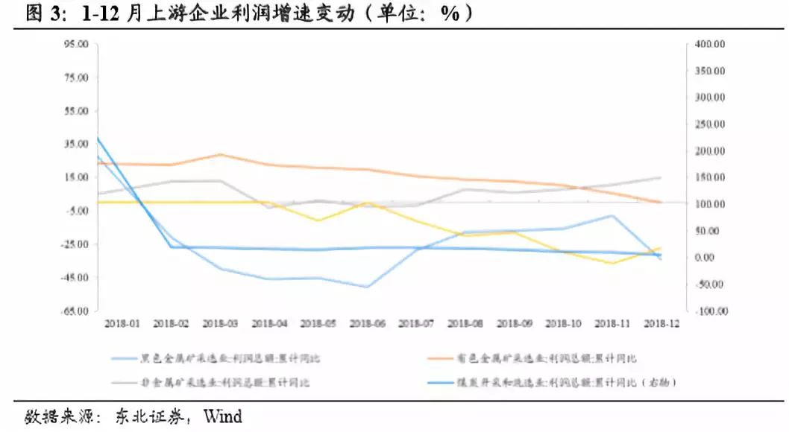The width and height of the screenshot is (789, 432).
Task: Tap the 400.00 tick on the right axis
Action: tap(709, 45)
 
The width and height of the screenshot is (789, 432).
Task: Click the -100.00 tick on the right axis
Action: tap(708, 311)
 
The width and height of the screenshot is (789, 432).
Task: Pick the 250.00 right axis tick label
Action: tap(709, 124)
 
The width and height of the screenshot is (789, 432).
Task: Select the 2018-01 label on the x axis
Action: tap(122, 324)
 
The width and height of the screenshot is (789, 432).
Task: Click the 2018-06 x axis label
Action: tap(367, 324)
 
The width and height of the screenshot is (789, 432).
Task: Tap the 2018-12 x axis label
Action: tap(661, 324)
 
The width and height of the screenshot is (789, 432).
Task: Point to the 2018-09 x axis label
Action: tap(514, 324)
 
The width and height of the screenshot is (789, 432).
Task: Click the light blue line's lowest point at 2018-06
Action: tap(367, 287)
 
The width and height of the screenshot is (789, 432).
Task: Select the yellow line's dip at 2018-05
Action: tap(318, 220)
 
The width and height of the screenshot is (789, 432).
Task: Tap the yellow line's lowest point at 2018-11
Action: tap(612, 263)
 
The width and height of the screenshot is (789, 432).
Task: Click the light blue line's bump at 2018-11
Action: tap(612, 216)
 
